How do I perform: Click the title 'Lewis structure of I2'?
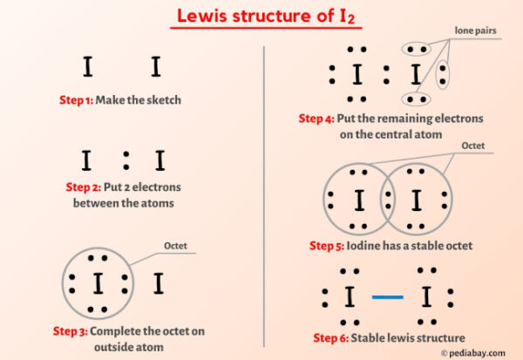(x=261, y=16)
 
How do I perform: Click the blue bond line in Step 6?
(x=387, y=298)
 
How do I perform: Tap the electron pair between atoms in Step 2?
(x=126, y=160)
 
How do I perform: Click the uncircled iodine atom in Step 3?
(x=158, y=283)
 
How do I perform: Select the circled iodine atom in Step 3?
(x=98, y=283)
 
